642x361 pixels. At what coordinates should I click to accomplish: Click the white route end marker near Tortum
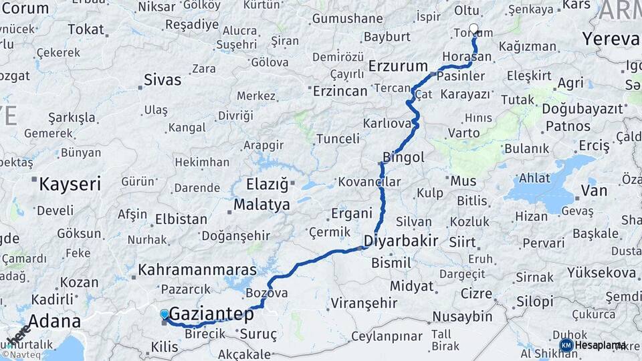tap(474, 29)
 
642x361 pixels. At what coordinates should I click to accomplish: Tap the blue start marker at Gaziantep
tap(165, 314)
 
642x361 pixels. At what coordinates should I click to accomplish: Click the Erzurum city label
tap(398, 66)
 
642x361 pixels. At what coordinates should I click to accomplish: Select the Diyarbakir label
tap(401, 241)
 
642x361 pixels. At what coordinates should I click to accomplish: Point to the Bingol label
tap(403, 158)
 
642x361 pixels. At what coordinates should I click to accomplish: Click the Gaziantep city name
tap(211, 314)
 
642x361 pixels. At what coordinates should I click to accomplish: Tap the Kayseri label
tap(70, 184)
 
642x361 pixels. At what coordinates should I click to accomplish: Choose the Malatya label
tap(261, 204)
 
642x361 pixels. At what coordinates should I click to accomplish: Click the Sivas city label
tap(163, 81)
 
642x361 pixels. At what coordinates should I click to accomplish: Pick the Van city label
tap(594, 191)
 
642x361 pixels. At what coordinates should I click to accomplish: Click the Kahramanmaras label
tap(197, 270)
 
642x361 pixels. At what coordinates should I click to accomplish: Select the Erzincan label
tap(341, 91)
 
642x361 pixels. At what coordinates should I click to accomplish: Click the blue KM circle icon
tap(566, 345)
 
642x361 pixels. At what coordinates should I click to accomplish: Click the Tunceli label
tap(338, 138)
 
